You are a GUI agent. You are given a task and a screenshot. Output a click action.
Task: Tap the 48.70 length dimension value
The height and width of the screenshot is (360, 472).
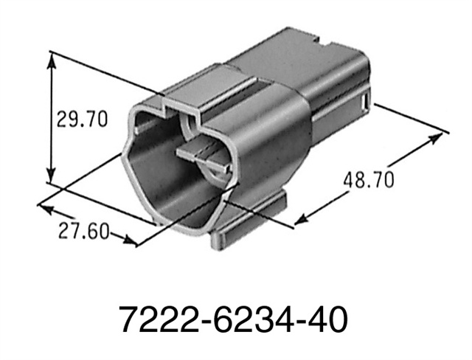(x=368, y=179)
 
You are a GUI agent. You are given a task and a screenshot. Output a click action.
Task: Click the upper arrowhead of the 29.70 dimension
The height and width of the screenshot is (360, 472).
(x=51, y=59)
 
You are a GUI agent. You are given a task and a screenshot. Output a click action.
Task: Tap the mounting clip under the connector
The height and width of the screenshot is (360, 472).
(x=251, y=221)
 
